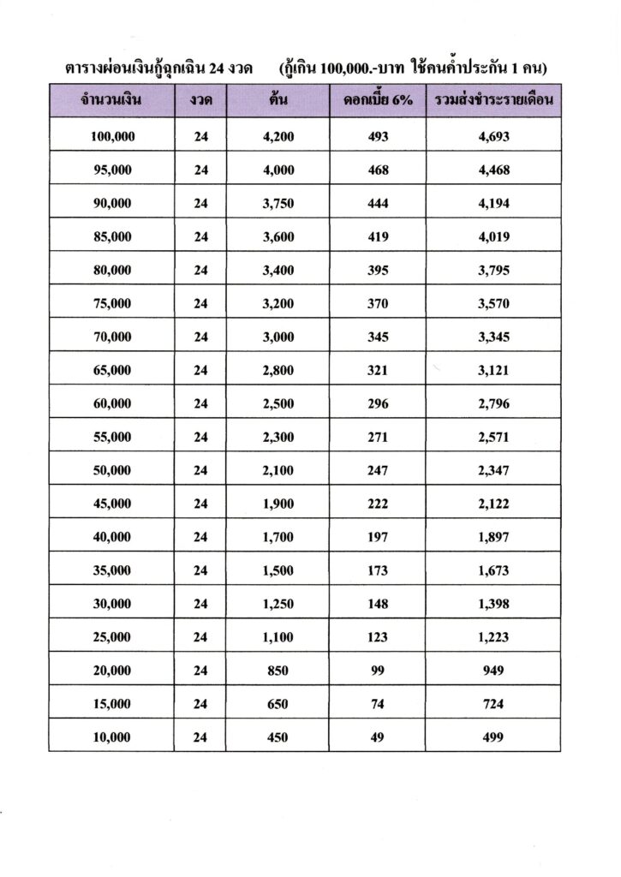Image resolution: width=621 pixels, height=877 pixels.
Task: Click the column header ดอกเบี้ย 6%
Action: coord(377,101)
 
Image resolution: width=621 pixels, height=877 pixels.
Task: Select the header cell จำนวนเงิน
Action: coord(111,101)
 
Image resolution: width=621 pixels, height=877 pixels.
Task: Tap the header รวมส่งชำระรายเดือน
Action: coord(493,101)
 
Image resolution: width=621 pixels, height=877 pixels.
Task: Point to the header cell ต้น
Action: coord(277,101)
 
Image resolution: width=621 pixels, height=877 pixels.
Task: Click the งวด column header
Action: coord(200,101)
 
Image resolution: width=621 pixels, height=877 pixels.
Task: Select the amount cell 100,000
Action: coord(111,136)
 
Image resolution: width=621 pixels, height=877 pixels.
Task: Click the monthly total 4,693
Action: coord(493,136)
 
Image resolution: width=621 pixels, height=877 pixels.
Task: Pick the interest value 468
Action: coord(377,170)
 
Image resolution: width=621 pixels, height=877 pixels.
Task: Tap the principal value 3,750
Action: coord(277,203)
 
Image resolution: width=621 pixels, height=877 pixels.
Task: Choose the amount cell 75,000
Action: coord(111,303)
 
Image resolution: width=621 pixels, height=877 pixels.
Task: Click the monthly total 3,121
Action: coord(493,370)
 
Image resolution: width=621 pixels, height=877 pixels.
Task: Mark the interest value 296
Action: coord(377,403)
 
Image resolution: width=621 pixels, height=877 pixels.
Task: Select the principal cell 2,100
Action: coord(277,470)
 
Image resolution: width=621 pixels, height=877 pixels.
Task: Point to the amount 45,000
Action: coord(111,504)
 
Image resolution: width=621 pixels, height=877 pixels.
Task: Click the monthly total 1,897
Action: coord(493,537)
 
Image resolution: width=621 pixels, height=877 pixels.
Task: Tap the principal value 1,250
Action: coord(277,604)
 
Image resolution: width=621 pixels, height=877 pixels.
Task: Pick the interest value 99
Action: coord(377,671)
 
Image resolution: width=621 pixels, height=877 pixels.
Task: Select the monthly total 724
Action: coord(493,704)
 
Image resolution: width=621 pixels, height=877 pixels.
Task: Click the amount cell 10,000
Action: coord(111,737)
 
